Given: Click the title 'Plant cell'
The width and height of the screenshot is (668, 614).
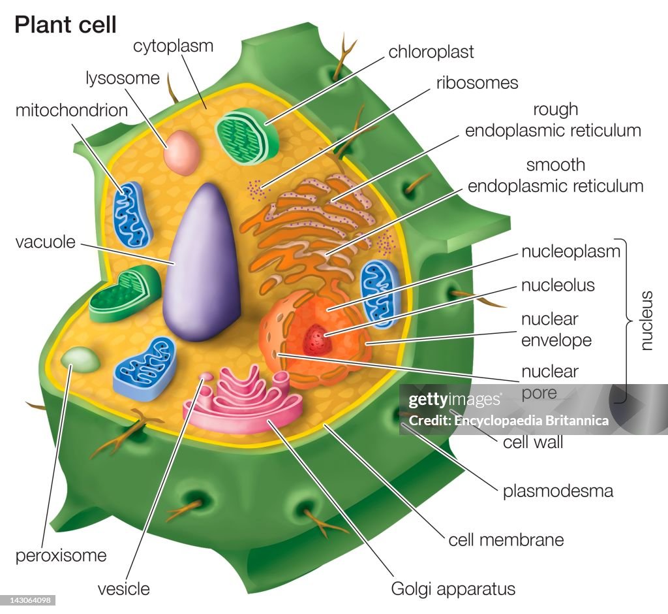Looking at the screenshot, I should pos(65,25).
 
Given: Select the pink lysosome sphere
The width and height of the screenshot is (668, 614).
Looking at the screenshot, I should pos(181,152).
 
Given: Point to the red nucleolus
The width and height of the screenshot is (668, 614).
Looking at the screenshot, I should pos(316,338).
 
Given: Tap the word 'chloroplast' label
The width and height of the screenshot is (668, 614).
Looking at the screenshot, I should pos(431,52).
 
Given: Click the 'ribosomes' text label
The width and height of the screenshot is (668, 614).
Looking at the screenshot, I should pos(478,83).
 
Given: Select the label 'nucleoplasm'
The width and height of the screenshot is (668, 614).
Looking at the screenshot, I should pos(570,251).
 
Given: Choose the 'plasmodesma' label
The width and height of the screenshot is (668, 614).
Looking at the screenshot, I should pos(558,491).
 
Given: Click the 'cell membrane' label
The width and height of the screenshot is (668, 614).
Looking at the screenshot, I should pos(506,540).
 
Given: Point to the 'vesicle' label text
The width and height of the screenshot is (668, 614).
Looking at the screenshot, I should pos(123,589).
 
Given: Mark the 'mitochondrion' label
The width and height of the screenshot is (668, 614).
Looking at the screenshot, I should pos(71,110).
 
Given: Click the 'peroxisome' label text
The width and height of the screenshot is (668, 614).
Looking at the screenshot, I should pos(61,556).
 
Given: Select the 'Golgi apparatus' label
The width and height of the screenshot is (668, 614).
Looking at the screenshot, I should pos(453,589).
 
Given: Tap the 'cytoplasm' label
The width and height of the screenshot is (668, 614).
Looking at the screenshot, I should pos(174,46).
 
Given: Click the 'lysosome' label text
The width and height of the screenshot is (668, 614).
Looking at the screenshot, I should pos(123,78).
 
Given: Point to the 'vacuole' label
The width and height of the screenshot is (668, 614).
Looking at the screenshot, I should pos(46,242).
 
